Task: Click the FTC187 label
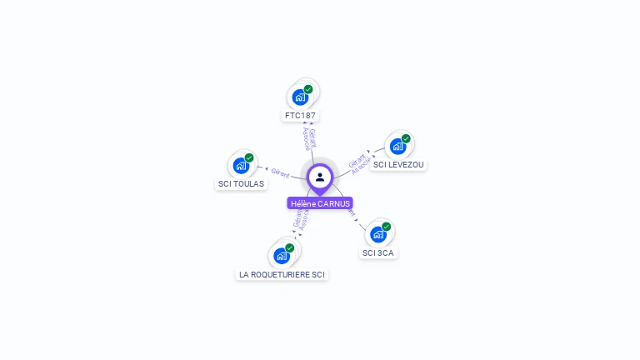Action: click(x=301, y=115)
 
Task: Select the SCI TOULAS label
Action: click(x=241, y=183)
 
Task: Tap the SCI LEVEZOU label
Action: click(x=398, y=164)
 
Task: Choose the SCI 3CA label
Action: click(x=378, y=252)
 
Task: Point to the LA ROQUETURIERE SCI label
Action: click(x=282, y=274)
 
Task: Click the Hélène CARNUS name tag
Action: click(x=320, y=203)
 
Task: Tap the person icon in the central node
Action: click(x=320, y=177)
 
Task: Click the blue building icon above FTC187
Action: click(x=300, y=97)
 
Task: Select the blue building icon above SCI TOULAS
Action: click(x=241, y=165)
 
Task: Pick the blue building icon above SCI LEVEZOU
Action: click(x=397, y=146)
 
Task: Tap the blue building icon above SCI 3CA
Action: click(x=377, y=234)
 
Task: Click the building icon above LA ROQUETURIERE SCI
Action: click(x=281, y=256)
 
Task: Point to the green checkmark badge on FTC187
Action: click(x=308, y=89)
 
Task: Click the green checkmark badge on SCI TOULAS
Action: click(x=249, y=157)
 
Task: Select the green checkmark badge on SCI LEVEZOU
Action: click(x=406, y=138)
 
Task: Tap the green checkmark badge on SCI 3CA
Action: click(x=386, y=227)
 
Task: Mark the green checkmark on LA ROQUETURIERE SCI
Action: click(x=289, y=248)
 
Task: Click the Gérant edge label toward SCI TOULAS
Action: click(x=280, y=172)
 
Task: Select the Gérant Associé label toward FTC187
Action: click(x=307, y=139)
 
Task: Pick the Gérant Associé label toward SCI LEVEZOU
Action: click(x=358, y=163)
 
